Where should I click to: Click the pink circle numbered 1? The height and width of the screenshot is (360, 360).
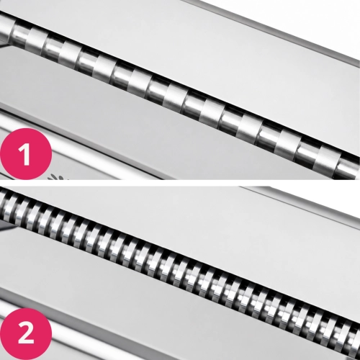(26, 154)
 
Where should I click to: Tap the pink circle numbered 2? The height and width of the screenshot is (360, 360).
(26, 334)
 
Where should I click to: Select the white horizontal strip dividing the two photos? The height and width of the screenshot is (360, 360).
(180, 183)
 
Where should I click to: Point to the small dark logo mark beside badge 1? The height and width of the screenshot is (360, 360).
(58, 177)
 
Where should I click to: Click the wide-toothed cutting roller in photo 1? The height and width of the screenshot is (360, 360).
(180, 96)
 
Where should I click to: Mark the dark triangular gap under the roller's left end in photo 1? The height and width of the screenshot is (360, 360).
(4, 45)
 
